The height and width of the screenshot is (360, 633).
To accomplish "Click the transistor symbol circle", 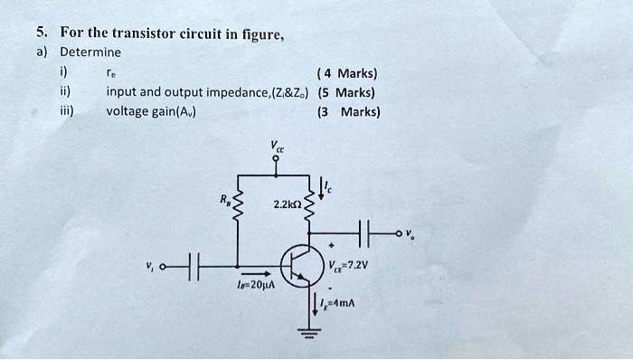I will coord(298,263).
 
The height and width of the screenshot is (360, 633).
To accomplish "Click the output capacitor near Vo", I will coord(366,234).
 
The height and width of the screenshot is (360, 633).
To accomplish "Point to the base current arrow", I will coord(256,271).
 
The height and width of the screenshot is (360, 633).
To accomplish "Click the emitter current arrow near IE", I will coord(316,303).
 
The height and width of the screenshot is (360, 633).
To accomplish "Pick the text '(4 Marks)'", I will coord(348,73).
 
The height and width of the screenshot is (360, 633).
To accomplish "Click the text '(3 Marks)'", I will coord(348,112).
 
